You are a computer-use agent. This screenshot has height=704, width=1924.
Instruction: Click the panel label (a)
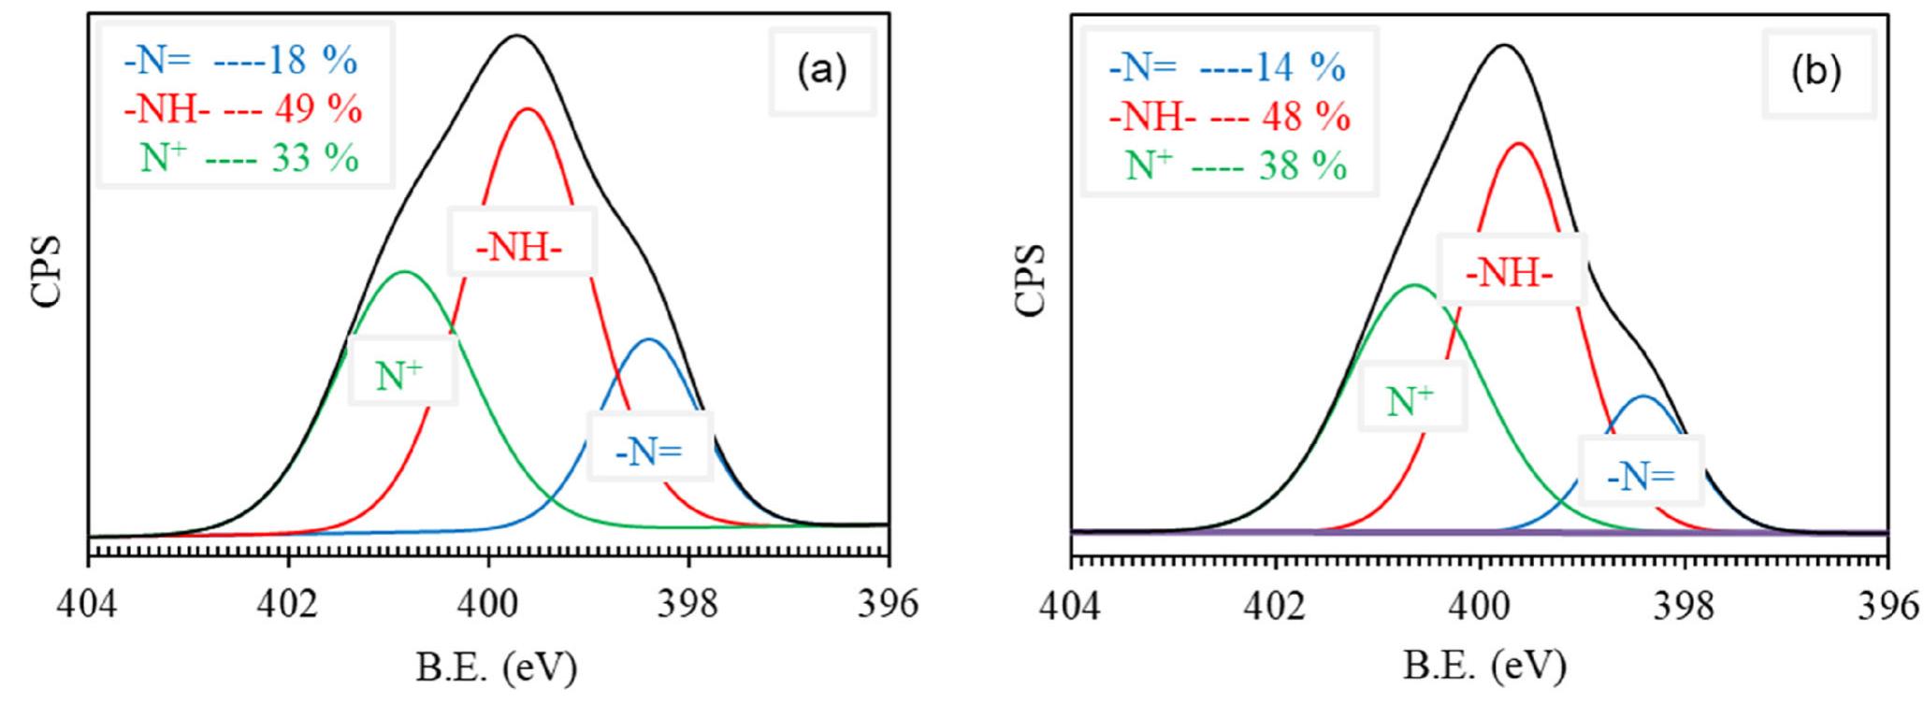point(821,72)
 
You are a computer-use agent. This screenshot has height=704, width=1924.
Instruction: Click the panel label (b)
point(1816,74)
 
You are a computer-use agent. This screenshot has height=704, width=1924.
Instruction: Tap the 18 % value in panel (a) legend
point(312,62)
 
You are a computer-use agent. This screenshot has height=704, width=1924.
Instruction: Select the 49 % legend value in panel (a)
point(318,110)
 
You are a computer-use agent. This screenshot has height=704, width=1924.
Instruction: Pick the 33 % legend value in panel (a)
point(315,159)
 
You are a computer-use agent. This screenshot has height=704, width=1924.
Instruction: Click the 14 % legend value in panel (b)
point(1301,68)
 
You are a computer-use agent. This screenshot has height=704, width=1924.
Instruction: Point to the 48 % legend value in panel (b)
point(1306,118)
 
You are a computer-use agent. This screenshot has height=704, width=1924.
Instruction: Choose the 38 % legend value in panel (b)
point(1303,167)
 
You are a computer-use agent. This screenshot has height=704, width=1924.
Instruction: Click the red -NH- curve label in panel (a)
point(521,244)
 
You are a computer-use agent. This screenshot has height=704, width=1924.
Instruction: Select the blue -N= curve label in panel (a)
point(649,452)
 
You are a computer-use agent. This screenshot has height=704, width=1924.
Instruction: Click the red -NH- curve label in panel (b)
point(1510,272)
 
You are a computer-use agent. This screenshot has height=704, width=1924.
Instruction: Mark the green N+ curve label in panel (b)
point(1411,401)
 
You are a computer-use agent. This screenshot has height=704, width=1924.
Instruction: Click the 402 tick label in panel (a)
point(288,605)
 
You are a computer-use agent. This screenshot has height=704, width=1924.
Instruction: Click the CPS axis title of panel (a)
point(45,271)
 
